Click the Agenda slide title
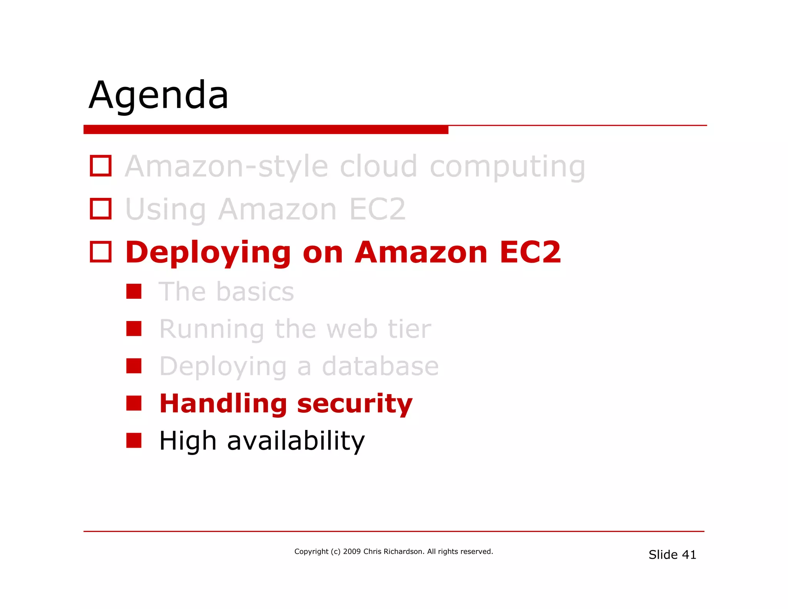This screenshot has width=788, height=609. tap(159, 95)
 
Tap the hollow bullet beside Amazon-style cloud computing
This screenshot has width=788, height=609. tap(101, 166)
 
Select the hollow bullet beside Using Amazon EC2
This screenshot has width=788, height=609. tap(101, 209)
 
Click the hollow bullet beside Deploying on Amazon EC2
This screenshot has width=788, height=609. tap(101, 252)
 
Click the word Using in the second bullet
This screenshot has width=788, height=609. tap(166, 210)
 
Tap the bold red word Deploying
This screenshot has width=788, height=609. tap(208, 253)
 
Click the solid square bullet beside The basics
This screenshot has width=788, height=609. tap(134, 291)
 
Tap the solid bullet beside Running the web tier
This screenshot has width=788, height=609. tap(134, 329)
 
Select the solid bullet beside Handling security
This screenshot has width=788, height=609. tap(134, 403)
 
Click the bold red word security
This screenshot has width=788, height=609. tap(354, 404)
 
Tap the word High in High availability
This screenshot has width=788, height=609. tap(187, 441)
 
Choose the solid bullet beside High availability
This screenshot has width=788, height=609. tap(134, 440)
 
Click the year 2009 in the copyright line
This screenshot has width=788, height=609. tap(352, 551)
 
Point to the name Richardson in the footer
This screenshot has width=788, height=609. tap(403, 551)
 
